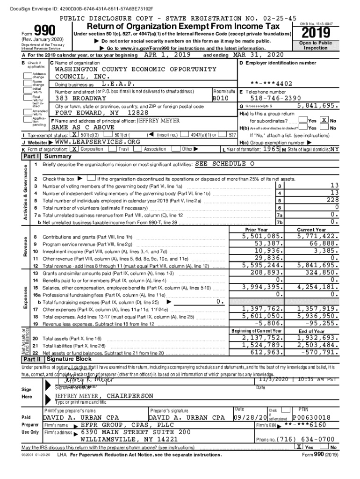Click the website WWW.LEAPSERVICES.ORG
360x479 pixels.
[x=98, y=142]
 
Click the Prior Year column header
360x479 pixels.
[x=256, y=230]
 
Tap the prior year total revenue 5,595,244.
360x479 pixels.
[x=262, y=265]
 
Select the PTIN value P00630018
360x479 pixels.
[x=311, y=417]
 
